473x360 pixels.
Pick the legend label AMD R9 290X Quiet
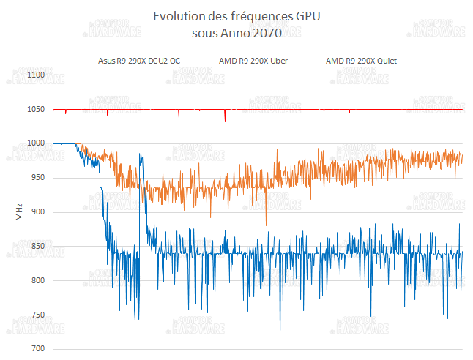[x=361, y=61]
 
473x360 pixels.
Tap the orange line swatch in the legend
[x=205, y=61]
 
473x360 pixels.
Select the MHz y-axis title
[x=20, y=212]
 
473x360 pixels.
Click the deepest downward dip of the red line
[x=225, y=121]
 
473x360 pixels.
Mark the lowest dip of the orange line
[x=266, y=225]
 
